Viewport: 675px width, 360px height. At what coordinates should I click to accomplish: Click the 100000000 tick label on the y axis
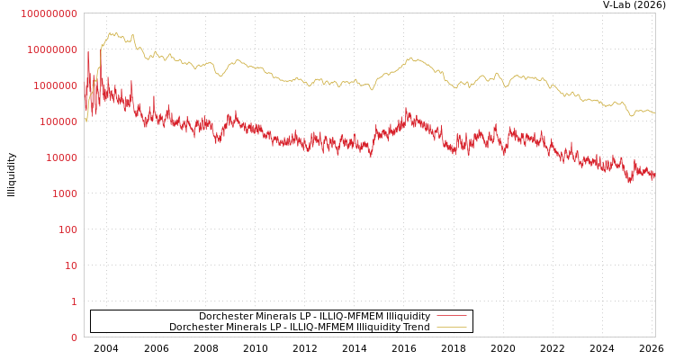tap(49, 13)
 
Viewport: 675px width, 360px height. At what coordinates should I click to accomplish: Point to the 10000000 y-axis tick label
tap(52, 49)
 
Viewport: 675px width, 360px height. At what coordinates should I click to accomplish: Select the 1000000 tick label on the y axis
tap(55, 85)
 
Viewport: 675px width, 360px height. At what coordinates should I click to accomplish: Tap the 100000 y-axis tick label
tap(58, 121)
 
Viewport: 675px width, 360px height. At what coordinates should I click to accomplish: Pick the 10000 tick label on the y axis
tap(61, 157)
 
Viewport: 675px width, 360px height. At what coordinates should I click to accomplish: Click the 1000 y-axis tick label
tap(65, 193)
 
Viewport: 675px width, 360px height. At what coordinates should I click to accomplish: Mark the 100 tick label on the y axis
tap(67, 229)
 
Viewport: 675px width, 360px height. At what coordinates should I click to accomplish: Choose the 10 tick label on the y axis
tap(70, 265)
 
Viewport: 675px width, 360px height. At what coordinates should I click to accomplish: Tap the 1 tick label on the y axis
tap(74, 301)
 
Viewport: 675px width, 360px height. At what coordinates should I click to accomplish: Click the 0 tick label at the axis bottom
tap(74, 337)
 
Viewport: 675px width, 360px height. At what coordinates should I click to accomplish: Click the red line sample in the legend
tap(451, 316)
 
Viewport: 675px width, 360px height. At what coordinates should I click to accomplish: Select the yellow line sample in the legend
tap(451, 327)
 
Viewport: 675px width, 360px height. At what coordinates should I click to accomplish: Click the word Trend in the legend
tap(415, 327)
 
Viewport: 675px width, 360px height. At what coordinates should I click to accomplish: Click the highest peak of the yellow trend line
tap(112, 32)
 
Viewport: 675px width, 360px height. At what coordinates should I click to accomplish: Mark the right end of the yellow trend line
tap(654, 112)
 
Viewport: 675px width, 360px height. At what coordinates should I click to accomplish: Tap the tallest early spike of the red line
tap(88, 51)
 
